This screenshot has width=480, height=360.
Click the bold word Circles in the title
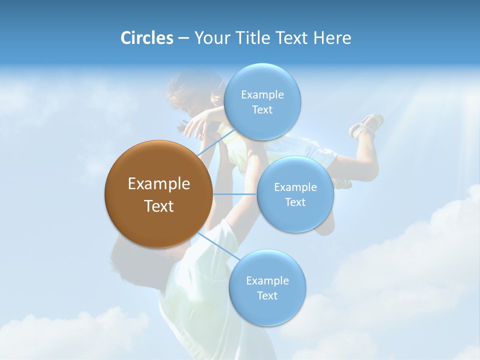tap(147, 38)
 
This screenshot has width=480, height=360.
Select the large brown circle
tap(158, 194)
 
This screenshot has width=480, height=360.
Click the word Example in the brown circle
tap(158, 184)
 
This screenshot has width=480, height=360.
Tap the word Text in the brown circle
tap(158, 206)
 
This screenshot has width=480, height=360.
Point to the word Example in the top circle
tap(262, 95)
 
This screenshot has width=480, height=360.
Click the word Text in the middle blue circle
tap(295, 202)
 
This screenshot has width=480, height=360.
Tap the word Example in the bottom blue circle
tap(267, 281)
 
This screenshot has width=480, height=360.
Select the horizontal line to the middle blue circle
tap(235, 194)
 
